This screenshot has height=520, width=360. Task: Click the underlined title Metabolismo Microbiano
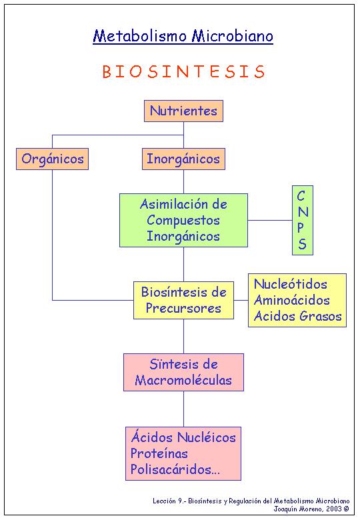tap(183, 36)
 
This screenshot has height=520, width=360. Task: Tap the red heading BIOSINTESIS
tap(183, 71)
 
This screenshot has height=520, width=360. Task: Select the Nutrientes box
tap(183, 111)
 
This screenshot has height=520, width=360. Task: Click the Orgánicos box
tap(53, 159)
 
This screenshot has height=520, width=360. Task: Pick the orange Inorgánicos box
tap(183, 159)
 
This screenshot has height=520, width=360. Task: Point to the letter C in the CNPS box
tap(301, 196)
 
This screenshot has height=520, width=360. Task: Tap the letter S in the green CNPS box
tap(302, 244)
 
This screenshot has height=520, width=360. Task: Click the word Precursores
tap(183, 308)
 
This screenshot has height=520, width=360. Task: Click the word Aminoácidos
tap(292, 300)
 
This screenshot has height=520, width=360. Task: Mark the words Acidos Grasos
tap(298, 317)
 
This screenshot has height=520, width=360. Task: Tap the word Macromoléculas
tap(183, 381)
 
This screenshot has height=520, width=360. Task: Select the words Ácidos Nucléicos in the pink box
tap(183, 437)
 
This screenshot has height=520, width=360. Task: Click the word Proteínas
tap(159, 453)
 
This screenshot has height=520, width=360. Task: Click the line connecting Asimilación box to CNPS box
tap(270, 220)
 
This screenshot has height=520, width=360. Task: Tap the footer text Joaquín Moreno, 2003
tap(307, 509)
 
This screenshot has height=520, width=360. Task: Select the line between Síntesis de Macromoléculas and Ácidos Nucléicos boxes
tap(183, 409)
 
